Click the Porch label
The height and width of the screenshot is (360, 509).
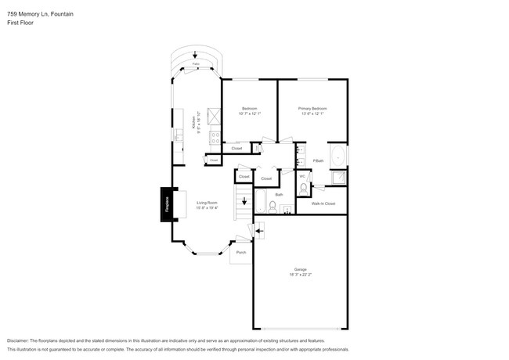pyautogui.click(x=240, y=253)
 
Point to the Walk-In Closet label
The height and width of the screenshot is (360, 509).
pyautogui.click(x=323, y=203)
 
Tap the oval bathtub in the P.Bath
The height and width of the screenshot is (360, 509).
pyautogui.click(x=338, y=157)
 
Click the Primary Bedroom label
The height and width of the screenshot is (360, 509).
pyautogui.click(x=312, y=108)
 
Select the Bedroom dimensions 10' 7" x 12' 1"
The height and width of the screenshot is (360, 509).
pyautogui.click(x=249, y=113)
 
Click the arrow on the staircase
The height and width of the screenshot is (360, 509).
pyautogui.click(x=244, y=200)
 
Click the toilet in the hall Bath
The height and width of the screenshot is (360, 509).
pyautogui.click(x=273, y=207)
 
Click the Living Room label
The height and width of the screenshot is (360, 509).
pyautogui.click(x=207, y=203)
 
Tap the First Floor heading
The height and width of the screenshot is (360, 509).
pyautogui.click(x=21, y=23)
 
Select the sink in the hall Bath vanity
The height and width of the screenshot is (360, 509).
pyautogui.click(x=286, y=208)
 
